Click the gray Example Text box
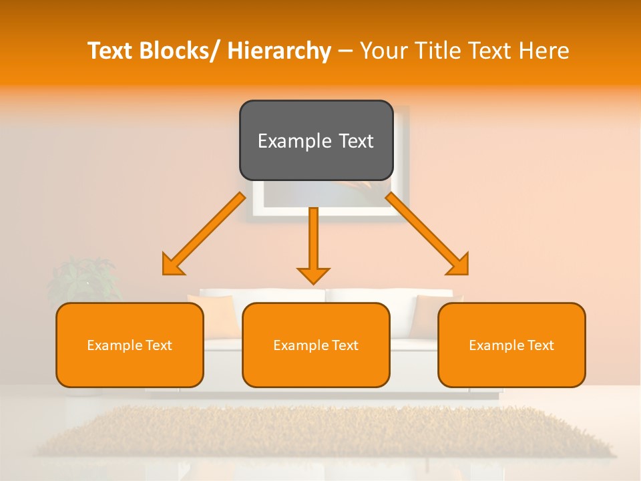[316, 140]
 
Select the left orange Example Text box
[130, 345]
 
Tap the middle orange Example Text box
[316, 345]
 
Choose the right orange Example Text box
[511, 345]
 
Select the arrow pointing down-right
[427, 234]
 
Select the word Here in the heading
[544, 51]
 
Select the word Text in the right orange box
[540, 345]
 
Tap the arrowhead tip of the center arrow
[313, 282]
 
